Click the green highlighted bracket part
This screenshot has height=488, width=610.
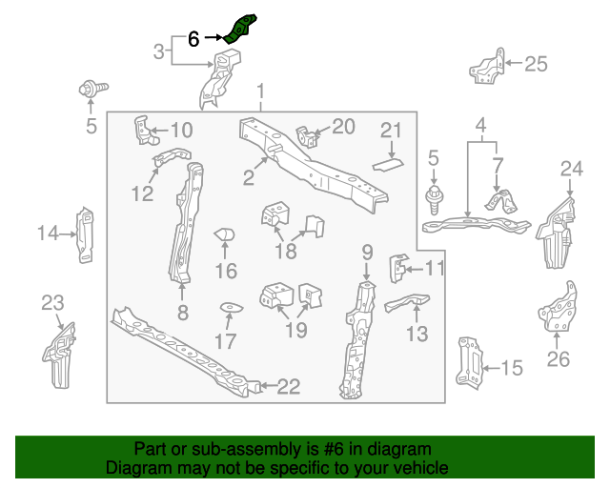[239, 30]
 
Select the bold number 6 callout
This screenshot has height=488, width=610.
[193, 39]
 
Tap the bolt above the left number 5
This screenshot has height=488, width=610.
[93, 89]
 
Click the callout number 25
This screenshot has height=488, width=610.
[536, 64]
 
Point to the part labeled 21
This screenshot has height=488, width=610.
[388, 165]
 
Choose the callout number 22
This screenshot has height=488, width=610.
[288, 386]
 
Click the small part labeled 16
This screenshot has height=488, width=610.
[225, 234]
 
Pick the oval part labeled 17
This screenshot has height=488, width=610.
[232, 308]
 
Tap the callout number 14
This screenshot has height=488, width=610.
[48, 234]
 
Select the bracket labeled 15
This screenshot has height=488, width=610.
[469, 363]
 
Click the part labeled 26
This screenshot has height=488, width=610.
[558, 307]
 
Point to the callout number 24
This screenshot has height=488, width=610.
[572, 169]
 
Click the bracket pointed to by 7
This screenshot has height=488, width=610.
[502, 201]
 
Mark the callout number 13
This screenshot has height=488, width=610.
[417, 334]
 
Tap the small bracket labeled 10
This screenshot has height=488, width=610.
[146, 131]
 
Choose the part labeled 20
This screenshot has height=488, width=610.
[308, 136]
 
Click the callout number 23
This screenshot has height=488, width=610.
[52, 303]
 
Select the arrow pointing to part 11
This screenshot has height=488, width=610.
[414, 269]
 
